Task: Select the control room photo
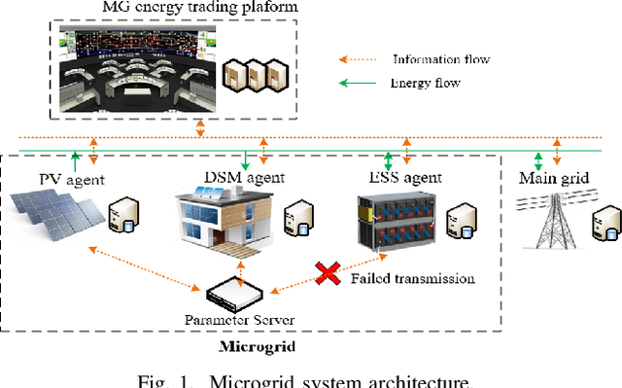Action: (x=133, y=69)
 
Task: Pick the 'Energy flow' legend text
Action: (x=424, y=83)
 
